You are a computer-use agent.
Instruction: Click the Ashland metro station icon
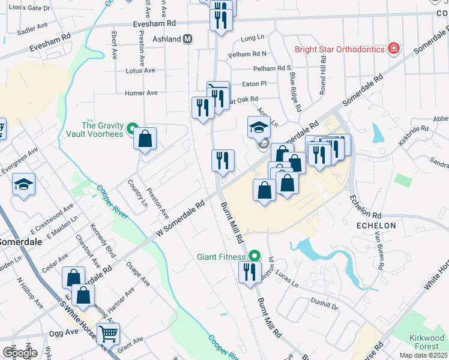(x=188, y=39)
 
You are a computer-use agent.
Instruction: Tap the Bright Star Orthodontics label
(x=340, y=49)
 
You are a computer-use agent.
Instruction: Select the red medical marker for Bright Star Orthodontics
(x=394, y=48)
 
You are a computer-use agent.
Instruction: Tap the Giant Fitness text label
(x=221, y=257)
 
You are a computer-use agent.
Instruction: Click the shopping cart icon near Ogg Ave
(x=109, y=333)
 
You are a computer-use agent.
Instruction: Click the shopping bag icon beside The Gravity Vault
(x=145, y=139)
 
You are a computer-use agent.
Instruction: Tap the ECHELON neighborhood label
(x=376, y=226)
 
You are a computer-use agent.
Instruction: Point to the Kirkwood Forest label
(x=427, y=342)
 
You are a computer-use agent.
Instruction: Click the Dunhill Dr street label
(x=325, y=304)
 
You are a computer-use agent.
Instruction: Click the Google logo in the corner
(x=20, y=353)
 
